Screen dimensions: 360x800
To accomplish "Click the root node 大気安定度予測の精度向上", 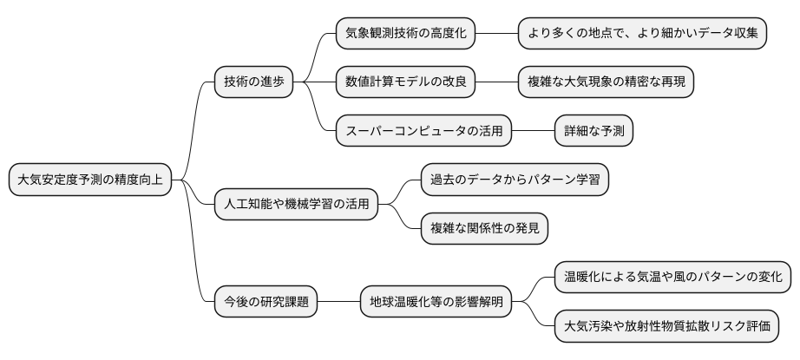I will click(89, 180).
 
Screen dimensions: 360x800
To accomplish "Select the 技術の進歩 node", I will click(253, 82).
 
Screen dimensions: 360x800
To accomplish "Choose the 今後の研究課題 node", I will click(266, 303).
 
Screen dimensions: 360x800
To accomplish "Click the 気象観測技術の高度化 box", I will click(405, 33).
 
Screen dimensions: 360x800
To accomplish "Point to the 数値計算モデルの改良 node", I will click(405, 82).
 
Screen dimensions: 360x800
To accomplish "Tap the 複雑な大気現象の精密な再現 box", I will click(606, 82).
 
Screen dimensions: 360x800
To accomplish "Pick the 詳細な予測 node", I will click(593, 131).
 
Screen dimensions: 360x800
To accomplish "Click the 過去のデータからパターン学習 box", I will click(514, 180).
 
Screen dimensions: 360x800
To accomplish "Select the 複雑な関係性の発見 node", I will click(483, 229).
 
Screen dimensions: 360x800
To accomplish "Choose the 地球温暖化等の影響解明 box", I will click(435, 303).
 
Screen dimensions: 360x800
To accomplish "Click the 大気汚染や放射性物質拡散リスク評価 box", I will click(665, 327).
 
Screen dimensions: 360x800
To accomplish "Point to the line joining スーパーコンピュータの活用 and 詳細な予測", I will click(534, 131).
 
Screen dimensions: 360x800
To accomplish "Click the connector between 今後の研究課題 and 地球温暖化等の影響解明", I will click(338, 303).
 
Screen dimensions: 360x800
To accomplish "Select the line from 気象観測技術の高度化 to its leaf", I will click(496, 33).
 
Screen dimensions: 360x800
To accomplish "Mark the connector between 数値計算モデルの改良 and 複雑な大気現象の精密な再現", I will click(496, 82).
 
